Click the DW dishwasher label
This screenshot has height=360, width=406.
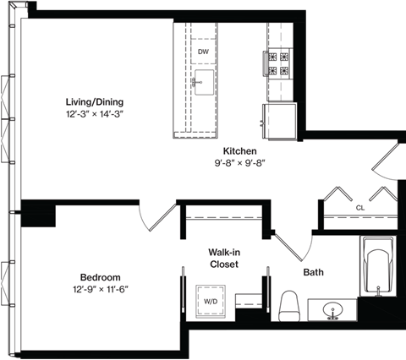203,52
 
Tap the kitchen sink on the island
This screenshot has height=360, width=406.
203,83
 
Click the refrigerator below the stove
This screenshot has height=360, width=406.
280,116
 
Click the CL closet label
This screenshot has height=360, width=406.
359,206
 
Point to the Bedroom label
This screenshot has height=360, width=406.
100,277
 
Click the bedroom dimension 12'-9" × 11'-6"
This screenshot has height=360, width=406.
100,290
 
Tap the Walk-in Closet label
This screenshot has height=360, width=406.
224,258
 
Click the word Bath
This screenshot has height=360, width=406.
315,273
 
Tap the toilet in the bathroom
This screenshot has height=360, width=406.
289,306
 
